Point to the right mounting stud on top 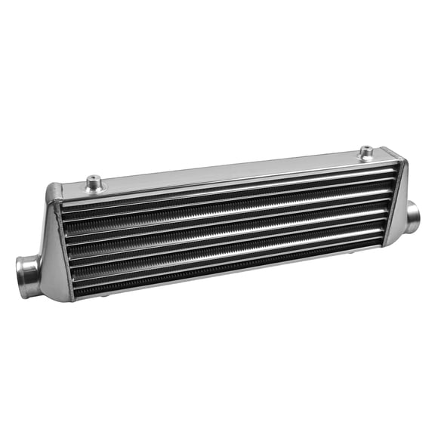[366, 153]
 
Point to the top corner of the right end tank [400, 161]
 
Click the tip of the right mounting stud [366, 149]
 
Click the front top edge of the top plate [227, 181]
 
